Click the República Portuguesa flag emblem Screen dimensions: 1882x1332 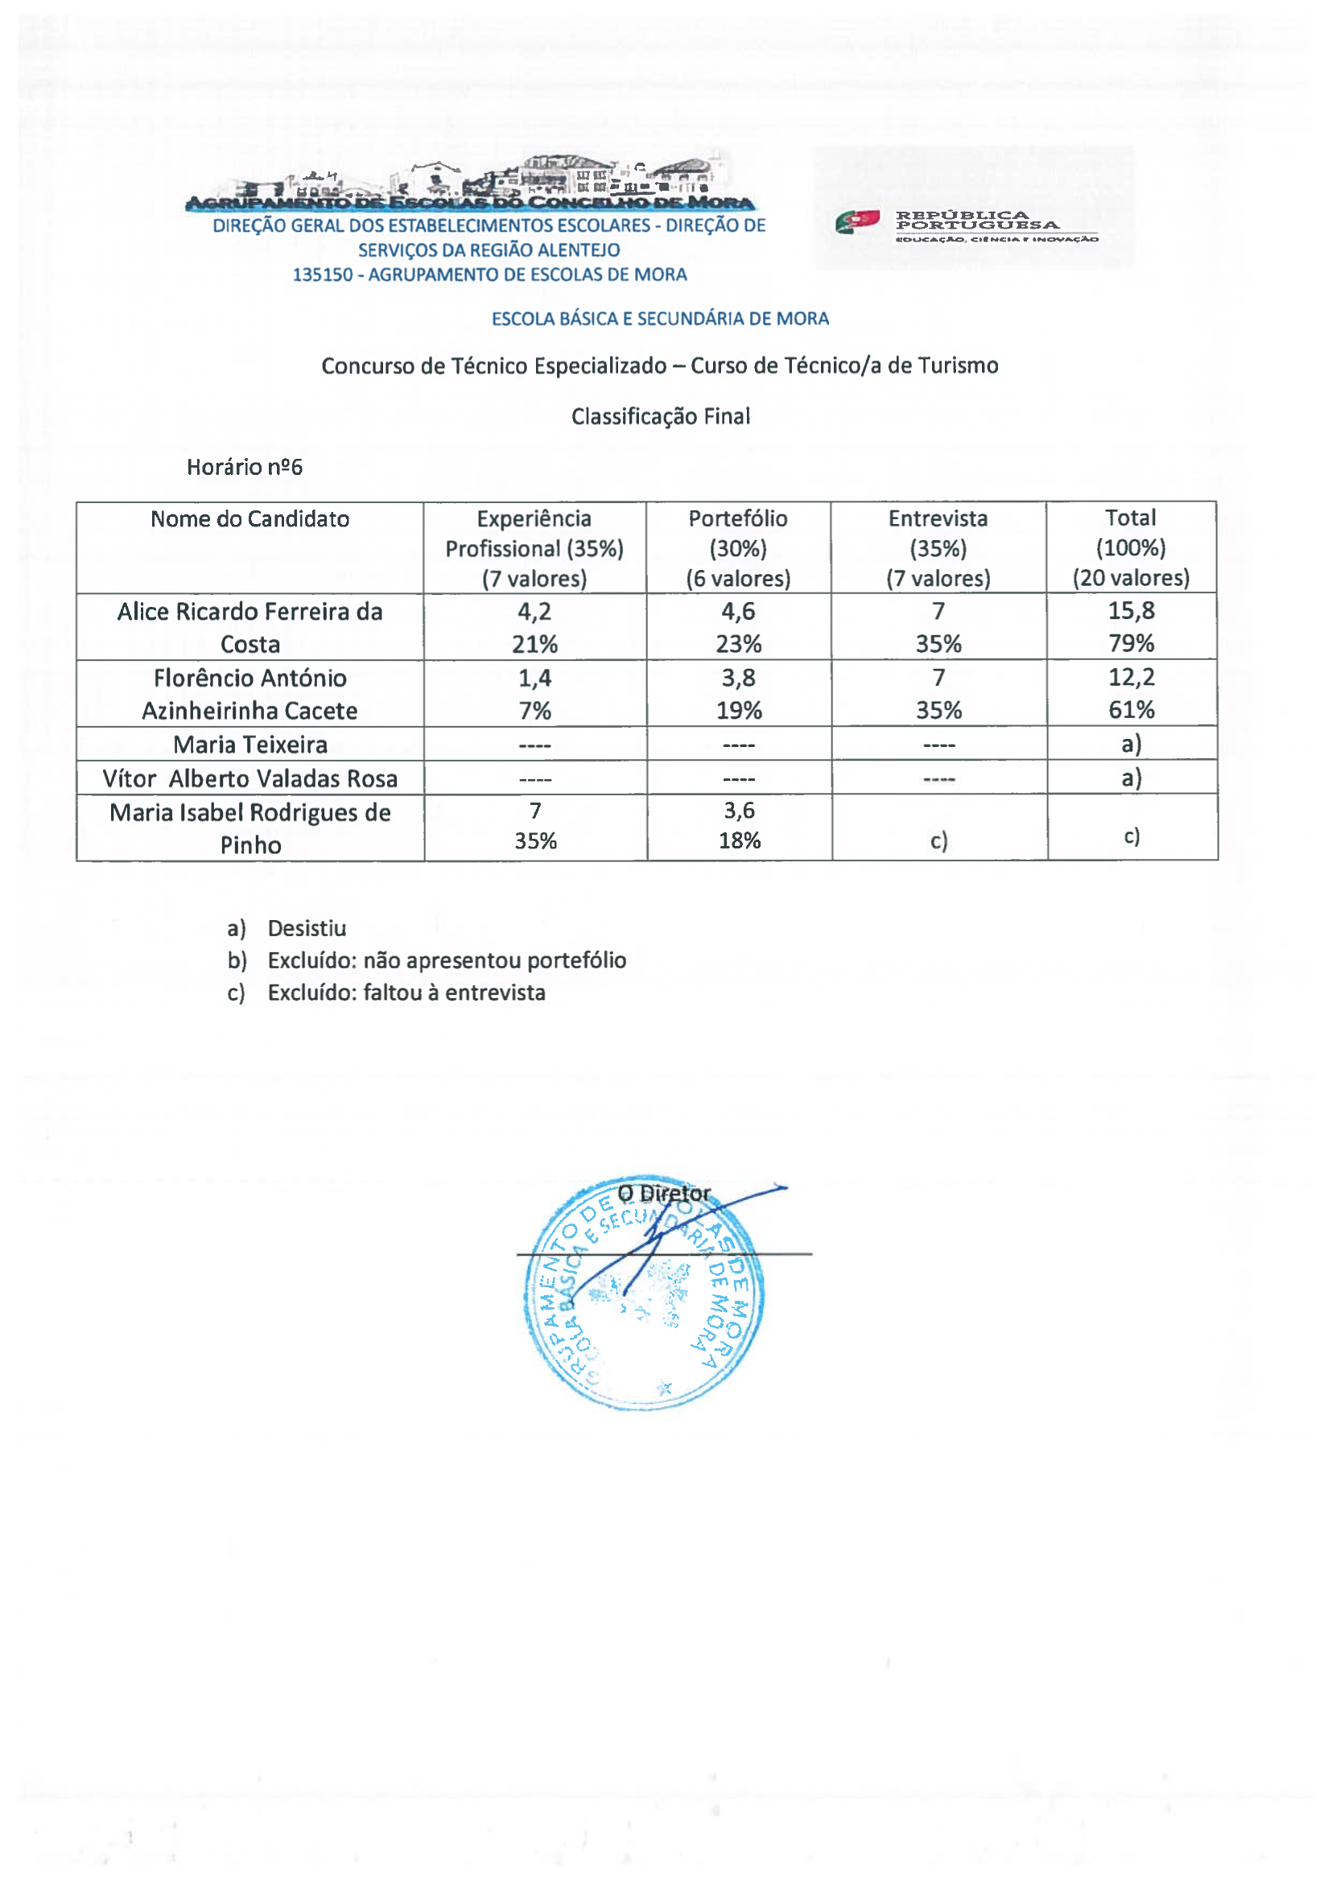pyautogui.click(x=857, y=221)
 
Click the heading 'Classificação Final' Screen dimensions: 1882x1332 pyautogui.click(x=660, y=417)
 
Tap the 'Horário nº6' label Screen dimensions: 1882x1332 pyautogui.click(x=245, y=468)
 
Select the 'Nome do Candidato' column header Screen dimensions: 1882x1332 pyautogui.click(x=249, y=519)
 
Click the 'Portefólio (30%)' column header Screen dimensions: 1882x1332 pyautogui.click(x=737, y=533)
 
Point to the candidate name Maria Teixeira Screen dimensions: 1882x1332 pyautogui.click(x=250, y=745)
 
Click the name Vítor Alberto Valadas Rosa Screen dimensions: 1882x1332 pyautogui.click(x=250, y=778)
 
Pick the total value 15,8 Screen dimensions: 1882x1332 pyautogui.click(x=1131, y=611)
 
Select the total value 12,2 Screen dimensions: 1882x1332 pyautogui.click(x=1131, y=678)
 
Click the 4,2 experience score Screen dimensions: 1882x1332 pyautogui.click(x=534, y=612)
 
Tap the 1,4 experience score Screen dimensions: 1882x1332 pyautogui.click(x=534, y=679)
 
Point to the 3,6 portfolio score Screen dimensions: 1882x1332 pyautogui.click(x=738, y=811)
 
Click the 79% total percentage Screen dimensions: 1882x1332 pyautogui.click(x=1131, y=644)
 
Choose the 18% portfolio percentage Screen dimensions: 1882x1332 pyautogui.click(x=739, y=841)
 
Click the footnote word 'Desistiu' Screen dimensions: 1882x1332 pyautogui.click(x=307, y=929)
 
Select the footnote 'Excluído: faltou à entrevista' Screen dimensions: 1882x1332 pyautogui.click(x=406, y=993)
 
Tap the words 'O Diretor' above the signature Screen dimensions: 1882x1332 pyautogui.click(x=663, y=1194)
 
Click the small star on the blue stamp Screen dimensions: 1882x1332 pyautogui.click(x=664, y=1388)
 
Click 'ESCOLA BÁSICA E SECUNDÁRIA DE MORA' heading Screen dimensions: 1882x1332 pyautogui.click(x=660, y=319)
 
